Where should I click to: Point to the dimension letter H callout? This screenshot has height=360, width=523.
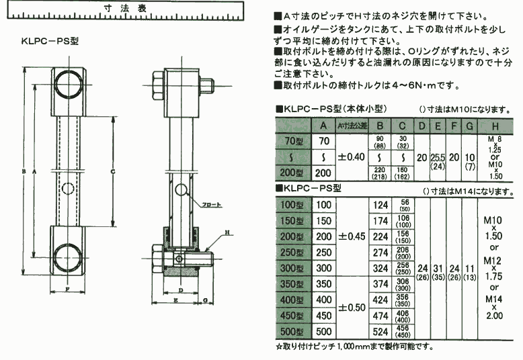point(227,232)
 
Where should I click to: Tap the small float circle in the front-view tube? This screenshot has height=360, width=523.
point(68,186)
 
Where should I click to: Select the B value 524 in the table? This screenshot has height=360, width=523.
point(380,331)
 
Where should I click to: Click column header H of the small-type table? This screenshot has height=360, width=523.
point(495,124)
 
